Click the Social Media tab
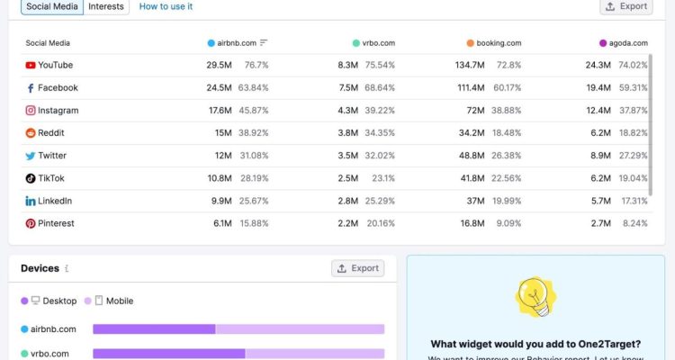(52, 6)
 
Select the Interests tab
(106, 6)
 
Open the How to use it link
(166, 6)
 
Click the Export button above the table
(625, 6)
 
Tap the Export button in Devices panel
(357, 268)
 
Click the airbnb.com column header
(238, 42)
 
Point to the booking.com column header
(499, 42)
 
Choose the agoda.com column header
(627, 42)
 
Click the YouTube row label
(55, 65)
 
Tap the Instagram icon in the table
(31, 111)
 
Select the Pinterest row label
(56, 223)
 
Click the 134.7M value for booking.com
(470, 65)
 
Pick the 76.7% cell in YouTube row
(256, 65)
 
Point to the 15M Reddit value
(223, 133)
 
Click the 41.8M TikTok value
(472, 178)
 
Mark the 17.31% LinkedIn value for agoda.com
(633, 201)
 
